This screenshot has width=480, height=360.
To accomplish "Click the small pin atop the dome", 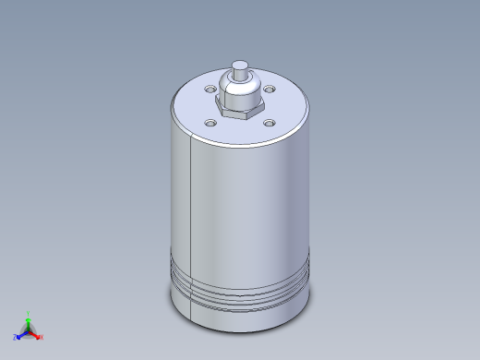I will point(239,67).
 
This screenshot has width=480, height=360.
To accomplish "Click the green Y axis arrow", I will point(29,319).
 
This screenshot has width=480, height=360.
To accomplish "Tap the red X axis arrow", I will point(36,334).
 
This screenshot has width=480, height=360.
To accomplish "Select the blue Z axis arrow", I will point(20,334).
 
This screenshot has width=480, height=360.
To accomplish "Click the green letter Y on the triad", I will point(29,313).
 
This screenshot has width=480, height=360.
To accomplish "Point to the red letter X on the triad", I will point(42,337).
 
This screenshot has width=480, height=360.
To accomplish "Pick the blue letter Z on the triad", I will point(15,337).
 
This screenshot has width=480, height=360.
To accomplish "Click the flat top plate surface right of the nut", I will point(286,106).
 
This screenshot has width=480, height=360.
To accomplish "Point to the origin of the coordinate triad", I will point(29,330).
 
